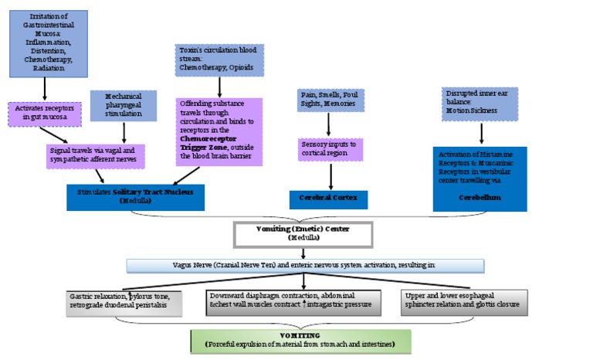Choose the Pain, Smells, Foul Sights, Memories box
tap(330, 98)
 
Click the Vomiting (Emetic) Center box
tap(303, 233)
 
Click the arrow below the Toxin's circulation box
tap(219, 85)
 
